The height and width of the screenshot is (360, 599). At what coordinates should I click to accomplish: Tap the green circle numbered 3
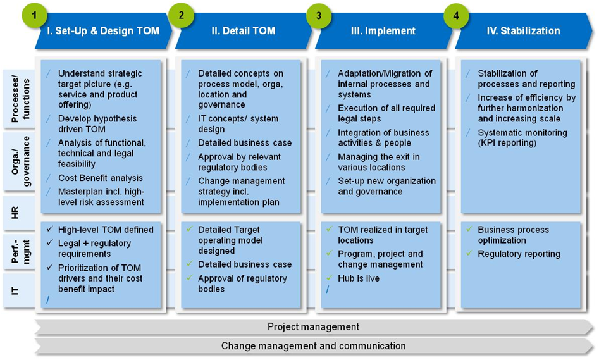(319, 16)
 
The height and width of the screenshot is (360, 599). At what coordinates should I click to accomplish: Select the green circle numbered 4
(457, 16)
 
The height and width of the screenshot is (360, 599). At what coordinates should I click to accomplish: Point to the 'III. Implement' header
(383, 31)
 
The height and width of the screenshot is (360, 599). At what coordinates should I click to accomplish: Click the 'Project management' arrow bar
(313, 327)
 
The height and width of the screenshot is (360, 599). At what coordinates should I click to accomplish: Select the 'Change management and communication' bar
(313, 346)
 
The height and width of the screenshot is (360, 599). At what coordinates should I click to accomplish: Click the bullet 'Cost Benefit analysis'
(100, 178)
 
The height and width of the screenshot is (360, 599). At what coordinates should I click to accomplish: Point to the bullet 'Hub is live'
(359, 278)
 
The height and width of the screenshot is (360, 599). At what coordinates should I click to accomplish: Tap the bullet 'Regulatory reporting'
(519, 254)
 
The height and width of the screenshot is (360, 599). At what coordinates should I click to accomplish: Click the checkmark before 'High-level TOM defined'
(49, 230)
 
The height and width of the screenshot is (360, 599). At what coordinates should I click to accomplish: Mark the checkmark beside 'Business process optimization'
(469, 230)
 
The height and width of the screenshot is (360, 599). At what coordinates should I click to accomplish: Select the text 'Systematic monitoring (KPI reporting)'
(522, 138)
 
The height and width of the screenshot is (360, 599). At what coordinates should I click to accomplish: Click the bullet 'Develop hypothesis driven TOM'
(97, 124)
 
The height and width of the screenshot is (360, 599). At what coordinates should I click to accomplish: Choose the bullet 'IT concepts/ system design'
(238, 124)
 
